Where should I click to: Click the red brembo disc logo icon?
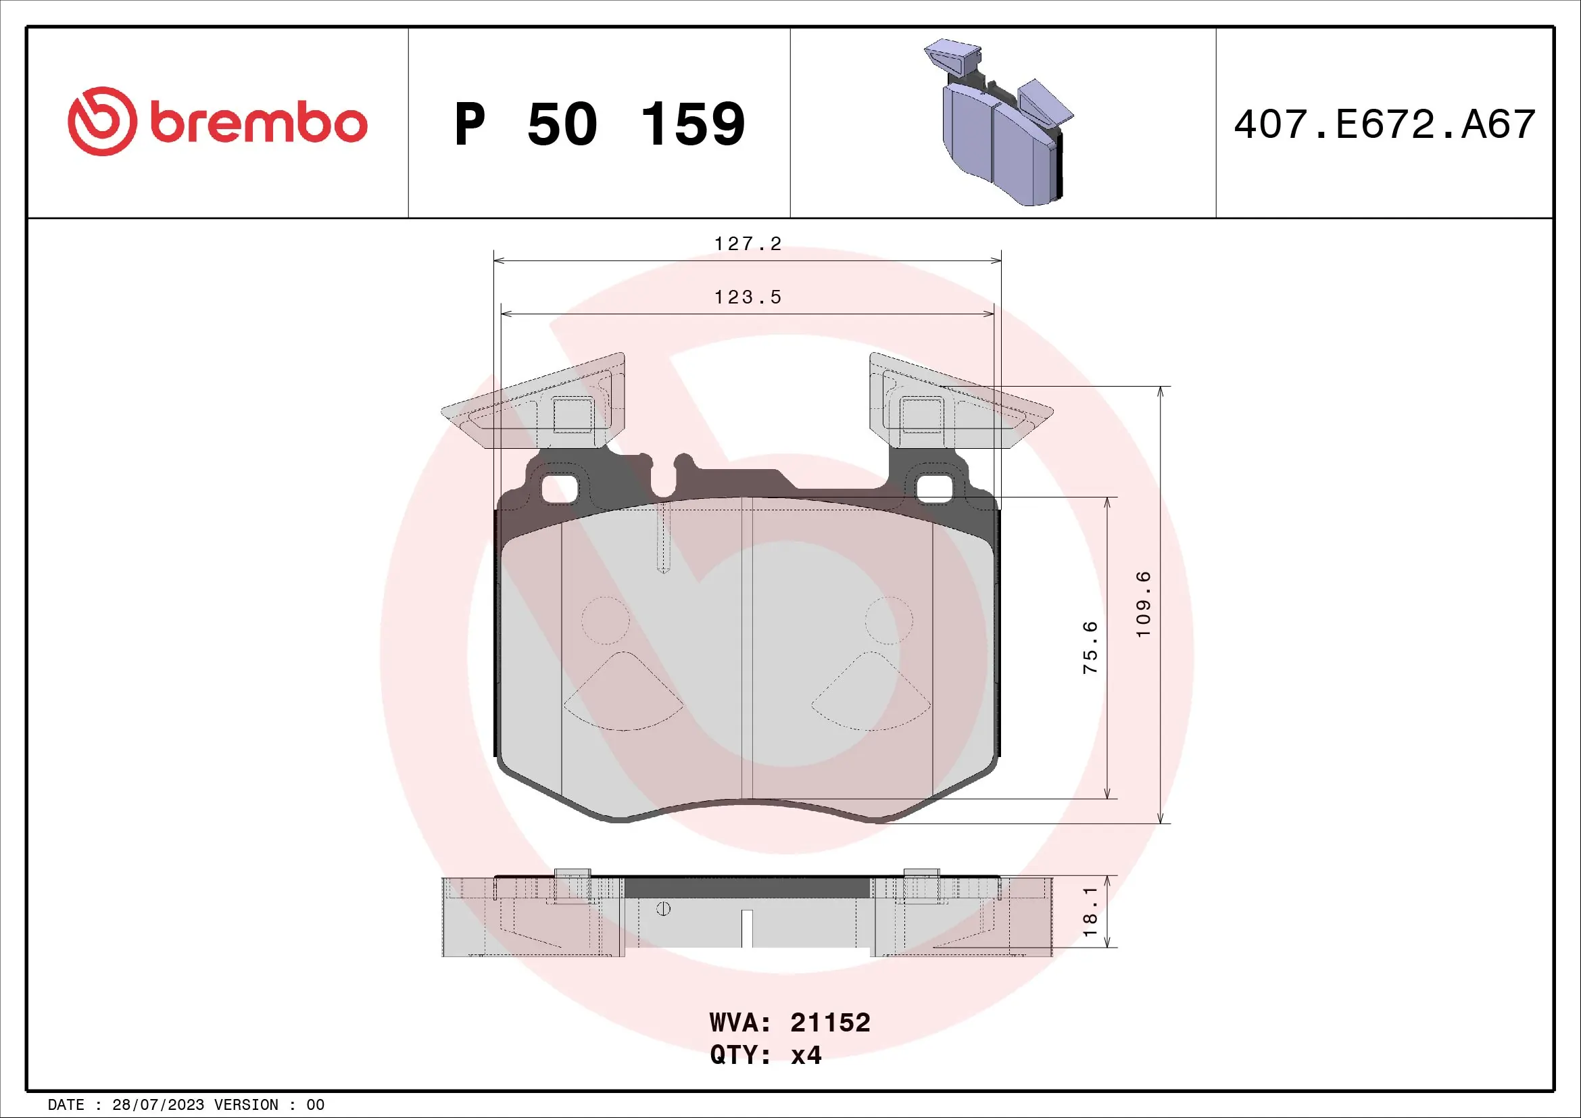(x=102, y=121)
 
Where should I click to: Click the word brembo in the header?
(x=258, y=123)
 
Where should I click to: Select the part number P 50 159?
(x=599, y=124)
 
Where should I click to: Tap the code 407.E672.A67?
(x=1384, y=124)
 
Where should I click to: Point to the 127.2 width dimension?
(x=748, y=244)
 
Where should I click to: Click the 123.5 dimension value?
(x=748, y=297)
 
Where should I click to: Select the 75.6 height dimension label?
(x=1091, y=647)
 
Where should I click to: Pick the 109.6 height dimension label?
(x=1143, y=604)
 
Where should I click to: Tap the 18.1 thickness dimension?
(x=1091, y=911)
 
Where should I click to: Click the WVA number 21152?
(x=830, y=1023)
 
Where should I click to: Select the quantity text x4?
(x=806, y=1055)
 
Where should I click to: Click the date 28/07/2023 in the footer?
(x=157, y=1105)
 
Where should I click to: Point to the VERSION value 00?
(x=316, y=1105)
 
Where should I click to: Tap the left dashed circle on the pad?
(x=605, y=621)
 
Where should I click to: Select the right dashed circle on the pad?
(x=889, y=621)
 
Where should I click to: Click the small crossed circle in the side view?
(x=663, y=909)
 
